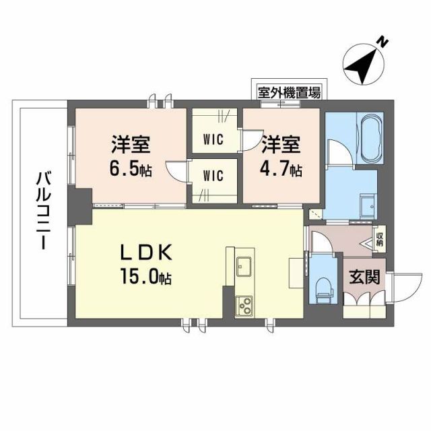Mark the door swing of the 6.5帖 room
[178, 171]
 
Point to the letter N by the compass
[382, 42]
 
